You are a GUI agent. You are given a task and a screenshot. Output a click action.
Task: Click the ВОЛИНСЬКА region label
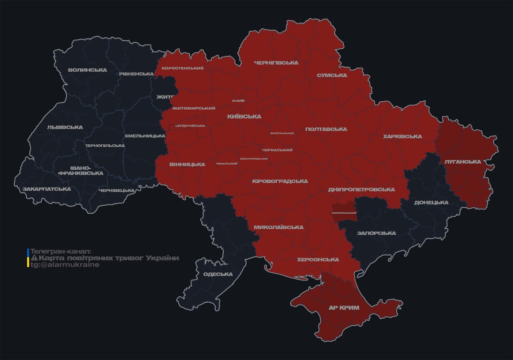coord(87,70)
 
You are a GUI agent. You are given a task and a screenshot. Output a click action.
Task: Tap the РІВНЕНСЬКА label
coord(136,74)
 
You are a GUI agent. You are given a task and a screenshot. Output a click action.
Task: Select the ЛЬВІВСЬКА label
coord(65,127)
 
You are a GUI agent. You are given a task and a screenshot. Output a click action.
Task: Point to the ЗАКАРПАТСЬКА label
coord(47,189)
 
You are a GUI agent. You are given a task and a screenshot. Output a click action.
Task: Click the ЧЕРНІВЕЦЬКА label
coord(117,191)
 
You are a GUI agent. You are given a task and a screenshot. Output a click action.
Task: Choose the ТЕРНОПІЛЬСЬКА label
coord(105,146)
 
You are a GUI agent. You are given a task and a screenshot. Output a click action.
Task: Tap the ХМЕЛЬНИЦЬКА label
coord(144,136)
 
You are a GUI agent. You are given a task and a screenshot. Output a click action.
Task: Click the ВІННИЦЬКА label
coord(187,165)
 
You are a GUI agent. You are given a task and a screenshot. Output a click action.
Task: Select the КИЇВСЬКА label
coord(244,117)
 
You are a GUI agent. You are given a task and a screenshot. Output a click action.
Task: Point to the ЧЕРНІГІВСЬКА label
coord(276,63)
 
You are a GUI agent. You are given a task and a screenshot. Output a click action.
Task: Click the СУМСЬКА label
coord(332,75)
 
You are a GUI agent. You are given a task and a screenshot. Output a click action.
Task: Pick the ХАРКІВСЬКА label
coord(402,137)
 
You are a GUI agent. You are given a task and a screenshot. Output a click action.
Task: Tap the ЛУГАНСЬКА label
coord(463,162)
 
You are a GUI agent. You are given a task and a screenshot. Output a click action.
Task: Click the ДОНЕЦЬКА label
coord(431,202)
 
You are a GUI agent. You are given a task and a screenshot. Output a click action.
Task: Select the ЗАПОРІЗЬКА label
coord(376,233)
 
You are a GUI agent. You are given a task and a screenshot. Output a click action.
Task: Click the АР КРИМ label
coord(344,308)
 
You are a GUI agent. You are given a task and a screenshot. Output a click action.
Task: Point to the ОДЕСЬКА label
coord(218,274)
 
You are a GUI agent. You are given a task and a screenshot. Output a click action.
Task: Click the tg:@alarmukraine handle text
coord(65,265)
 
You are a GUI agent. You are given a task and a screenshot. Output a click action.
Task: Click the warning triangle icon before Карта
coord(34,258)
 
